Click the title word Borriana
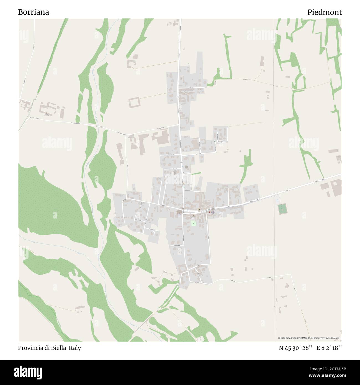pyautogui.click(x=34, y=12)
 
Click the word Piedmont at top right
pyautogui.click(x=324, y=12)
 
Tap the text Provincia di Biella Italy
pyautogui.click(x=50, y=348)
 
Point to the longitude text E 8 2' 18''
pyautogui.click(x=329, y=348)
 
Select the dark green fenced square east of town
pyautogui.click(x=282, y=208)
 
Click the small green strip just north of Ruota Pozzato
pyautogui.click(x=196, y=174)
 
